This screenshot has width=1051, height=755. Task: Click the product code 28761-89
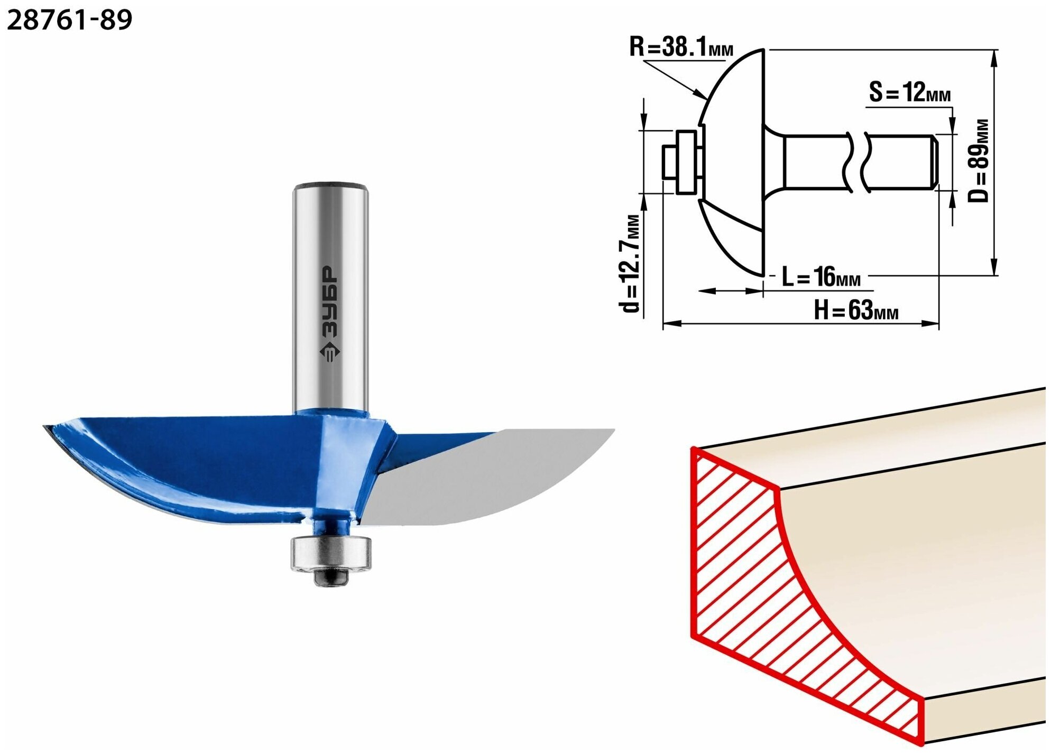tap(69, 20)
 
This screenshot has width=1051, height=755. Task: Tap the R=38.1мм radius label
tap(681, 47)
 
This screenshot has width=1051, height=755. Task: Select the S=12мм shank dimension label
tap(909, 92)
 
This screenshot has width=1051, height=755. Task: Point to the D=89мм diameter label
tap(978, 161)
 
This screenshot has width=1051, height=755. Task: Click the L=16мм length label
tap(821, 276)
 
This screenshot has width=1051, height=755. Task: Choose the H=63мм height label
tap(855, 310)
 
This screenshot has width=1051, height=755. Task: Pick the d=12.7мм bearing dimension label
tap(630, 263)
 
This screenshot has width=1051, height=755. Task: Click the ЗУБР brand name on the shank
tap(329, 301)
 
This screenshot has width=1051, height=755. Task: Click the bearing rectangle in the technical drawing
tap(686, 162)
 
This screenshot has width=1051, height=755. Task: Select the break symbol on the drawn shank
tap(856, 162)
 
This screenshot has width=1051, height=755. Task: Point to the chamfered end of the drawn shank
tap(934, 162)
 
